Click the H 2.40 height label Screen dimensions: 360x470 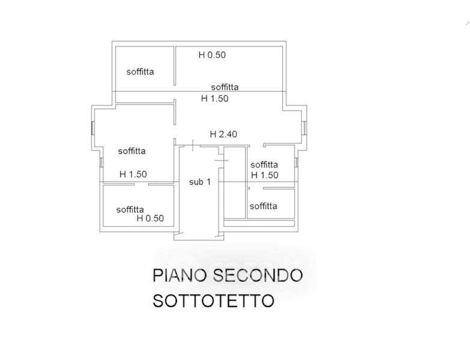pyautogui.click(x=223, y=134)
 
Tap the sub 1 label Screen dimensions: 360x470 pyautogui.click(x=199, y=182)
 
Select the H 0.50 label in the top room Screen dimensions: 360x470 pyautogui.click(x=212, y=55)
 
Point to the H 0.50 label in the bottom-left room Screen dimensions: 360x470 pyautogui.click(x=150, y=218)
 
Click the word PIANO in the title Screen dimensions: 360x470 pyautogui.click(x=177, y=276)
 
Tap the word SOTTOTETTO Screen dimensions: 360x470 pyautogui.click(x=212, y=300)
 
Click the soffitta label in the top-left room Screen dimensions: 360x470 pyautogui.click(x=140, y=71)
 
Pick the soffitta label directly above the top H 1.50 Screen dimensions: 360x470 pyautogui.click(x=224, y=87)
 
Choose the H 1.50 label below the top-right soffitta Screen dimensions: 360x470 pyautogui.click(x=214, y=98)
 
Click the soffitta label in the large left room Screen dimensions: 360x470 pyautogui.click(x=131, y=151)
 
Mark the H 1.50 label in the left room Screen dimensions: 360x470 pyautogui.click(x=133, y=175)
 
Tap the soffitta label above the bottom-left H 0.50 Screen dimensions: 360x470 pyautogui.click(x=130, y=209)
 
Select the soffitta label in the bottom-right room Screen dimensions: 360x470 pyautogui.click(x=264, y=206)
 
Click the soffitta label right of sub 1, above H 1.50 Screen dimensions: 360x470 pyautogui.click(x=264, y=164)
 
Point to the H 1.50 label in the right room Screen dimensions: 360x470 pyautogui.click(x=265, y=175)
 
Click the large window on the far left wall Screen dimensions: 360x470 pyautogui.click(x=92, y=128)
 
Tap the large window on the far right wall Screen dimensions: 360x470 pyautogui.click(x=306, y=128)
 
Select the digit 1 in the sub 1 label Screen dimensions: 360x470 pyautogui.click(x=208, y=182)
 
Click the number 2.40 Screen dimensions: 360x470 pyautogui.click(x=228, y=134)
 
